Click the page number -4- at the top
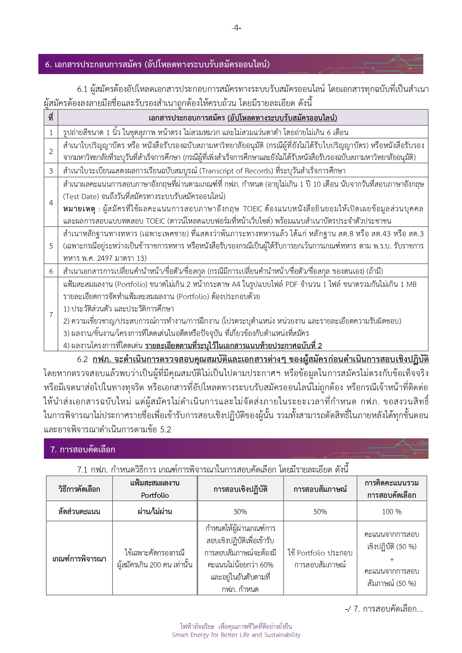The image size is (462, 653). pyautogui.click(x=236, y=28)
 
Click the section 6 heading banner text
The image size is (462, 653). pyautogui.click(x=157, y=64)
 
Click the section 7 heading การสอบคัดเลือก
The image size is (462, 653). pyautogui.click(x=83, y=449)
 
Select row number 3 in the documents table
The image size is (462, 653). pyautogui.click(x=51, y=171)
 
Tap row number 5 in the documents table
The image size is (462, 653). pyautogui.click(x=51, y=246)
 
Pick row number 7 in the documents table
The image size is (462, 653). pyautogui.click(x=51, y=314)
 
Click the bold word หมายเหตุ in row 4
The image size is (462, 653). pyautogui.click(x=79, y=209)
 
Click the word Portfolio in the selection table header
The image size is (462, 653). pyautogui.click(x=155, y=495)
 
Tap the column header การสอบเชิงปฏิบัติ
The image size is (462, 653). pyautogui.click(x=240, y=489)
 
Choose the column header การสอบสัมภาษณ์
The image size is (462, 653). pyautogui.click(x=320, y=489)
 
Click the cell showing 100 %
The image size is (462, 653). pyautogui.click(x=392, y=512)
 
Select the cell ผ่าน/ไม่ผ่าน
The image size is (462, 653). pyautogui.click(x=155, y=512)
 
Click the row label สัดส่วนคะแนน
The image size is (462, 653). pyautogui.click(x=79, y=512)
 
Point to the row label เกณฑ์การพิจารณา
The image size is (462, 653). pyautogui.click(x=79, y=558)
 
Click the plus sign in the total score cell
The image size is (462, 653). pyautogui.click(x=392, y=559)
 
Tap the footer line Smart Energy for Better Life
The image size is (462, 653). pyautogui.click(x=236, y=635)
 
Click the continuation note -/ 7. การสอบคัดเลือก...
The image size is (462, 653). pyautogui.click(x=384, y=609)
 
